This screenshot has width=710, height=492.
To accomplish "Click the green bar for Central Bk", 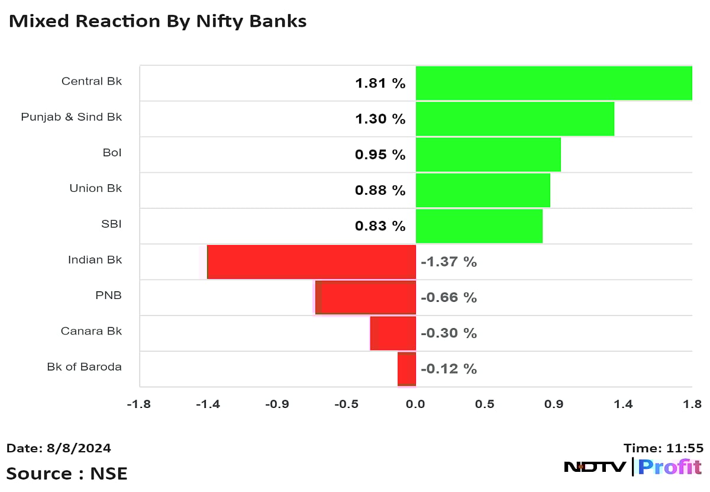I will coord(554,83).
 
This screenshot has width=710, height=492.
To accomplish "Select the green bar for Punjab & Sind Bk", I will coord(515,118).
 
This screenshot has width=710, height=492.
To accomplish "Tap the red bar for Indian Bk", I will coord(311,261).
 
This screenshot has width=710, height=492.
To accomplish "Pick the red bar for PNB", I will coord(365,297).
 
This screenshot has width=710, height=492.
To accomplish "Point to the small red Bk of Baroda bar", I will coord(406,368).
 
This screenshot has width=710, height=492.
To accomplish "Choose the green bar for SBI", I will coord(479,226).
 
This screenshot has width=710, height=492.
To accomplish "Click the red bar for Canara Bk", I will coord(393,333).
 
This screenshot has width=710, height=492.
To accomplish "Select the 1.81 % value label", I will coord(380,83).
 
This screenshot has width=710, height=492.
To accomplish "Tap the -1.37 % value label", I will coord(448,262).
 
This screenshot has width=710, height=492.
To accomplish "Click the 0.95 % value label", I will coord(380,155).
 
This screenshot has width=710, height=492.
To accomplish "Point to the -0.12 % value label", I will coord(448,369).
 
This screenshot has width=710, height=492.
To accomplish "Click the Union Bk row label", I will coord(95,188).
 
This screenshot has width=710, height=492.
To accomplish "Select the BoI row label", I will coord(112,153).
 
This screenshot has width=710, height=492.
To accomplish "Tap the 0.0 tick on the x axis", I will coord(415,404).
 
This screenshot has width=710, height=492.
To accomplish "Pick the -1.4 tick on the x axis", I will coord(208,404).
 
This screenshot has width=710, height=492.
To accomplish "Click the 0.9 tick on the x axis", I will coord(554,404).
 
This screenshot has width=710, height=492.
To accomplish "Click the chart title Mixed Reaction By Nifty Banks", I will coord(157,21).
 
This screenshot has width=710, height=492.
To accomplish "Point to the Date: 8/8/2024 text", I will coord(59,448).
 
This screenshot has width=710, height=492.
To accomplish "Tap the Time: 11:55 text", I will coord(663,448).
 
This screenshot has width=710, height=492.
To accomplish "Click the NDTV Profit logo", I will coord(632,467).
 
